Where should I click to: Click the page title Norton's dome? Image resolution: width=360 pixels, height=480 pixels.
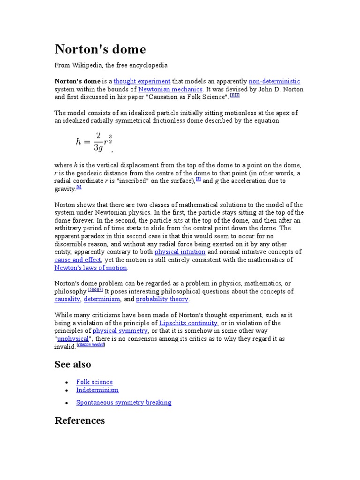click(x=100, y=49)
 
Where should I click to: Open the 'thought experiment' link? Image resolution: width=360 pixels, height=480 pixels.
click(x=142, y=81)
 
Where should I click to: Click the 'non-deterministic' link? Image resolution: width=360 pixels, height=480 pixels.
click(x=274, y=81)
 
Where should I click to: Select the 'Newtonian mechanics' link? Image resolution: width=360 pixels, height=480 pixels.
click(x=170, y=89)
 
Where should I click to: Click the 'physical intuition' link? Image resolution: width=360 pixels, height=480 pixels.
click(x=180, y=252)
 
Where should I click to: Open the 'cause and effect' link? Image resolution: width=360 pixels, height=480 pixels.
click(x=78, y=260)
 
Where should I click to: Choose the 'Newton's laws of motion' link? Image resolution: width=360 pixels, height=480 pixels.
click(x=91, y=268)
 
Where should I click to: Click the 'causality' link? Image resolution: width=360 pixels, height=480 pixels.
click(x=67, y=299)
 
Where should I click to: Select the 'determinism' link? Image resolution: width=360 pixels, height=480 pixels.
click(x=102, y=299)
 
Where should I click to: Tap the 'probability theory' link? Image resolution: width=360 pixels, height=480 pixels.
click(x=162, y=299)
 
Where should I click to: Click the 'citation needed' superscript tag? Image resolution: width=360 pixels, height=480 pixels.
click(x=91, y=345)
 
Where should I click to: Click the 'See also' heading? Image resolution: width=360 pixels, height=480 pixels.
click(x=73, y=364)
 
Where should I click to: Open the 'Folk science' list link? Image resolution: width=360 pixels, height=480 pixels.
click(x=94, y=382)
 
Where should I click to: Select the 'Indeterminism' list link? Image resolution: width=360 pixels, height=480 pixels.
click(x=97, y=390)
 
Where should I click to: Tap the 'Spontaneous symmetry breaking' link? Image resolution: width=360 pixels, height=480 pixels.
click(x=123, y=402)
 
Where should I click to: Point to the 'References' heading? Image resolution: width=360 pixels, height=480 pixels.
click(x=80, y=420)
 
